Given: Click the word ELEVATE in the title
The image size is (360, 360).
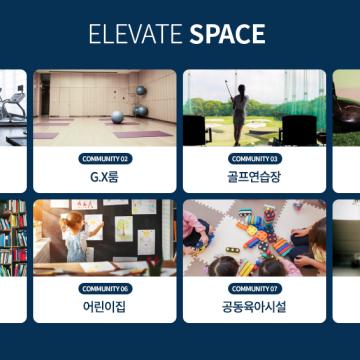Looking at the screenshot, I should point(135,35).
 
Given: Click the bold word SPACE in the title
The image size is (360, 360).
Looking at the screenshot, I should point(228,35).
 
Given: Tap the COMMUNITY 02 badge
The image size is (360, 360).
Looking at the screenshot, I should point(105,158).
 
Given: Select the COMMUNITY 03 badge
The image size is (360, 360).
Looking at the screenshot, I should point(254,158).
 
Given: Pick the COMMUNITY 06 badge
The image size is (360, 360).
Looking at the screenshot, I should point(105,288).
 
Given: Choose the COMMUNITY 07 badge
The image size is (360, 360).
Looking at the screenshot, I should point(254,288).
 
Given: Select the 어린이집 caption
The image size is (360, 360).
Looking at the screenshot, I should point(105,307).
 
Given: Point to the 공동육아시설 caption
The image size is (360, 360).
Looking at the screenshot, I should point(254,307).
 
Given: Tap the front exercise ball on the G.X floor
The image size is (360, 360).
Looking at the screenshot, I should point(117,117).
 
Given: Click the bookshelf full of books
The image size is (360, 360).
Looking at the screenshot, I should point(12,235).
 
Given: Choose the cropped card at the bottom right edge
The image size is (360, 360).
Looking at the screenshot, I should point(346,260).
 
